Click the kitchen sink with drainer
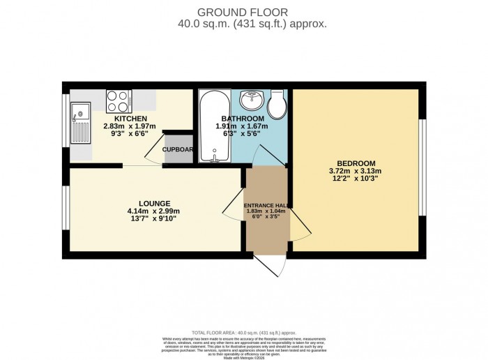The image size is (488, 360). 79,125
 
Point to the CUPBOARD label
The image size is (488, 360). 178,149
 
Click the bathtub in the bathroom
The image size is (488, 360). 210,126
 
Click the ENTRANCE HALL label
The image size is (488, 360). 266,205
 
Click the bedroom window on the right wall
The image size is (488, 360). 421,167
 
